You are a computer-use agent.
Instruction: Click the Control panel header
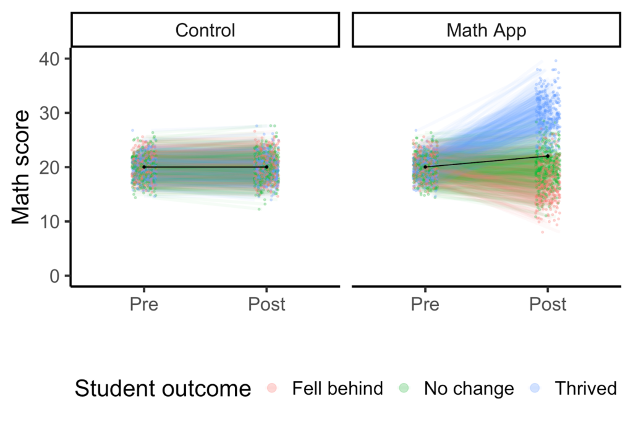tap(205, 30)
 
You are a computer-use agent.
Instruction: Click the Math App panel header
tap(486, 30)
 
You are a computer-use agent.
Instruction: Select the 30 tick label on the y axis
tap(51, 113)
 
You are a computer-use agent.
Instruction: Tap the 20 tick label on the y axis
tap(51, 167)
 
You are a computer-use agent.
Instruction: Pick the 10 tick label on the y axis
tap(51, 222)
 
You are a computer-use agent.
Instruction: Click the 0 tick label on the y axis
tap(56, 275)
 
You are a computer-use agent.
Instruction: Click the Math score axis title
tap(22, 167)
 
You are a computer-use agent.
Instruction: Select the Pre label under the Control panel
tap(144, 304)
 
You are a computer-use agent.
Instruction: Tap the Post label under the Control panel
tap(266, 304)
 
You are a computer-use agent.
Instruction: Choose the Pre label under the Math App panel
tap(425, 304)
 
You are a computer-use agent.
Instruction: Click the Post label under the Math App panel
tap(548, 304)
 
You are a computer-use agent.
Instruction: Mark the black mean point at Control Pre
tap(144, 167)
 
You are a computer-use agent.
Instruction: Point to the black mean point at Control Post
tap(266, 167)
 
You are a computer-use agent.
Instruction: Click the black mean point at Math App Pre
tap(425, 167)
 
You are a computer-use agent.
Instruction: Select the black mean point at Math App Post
tap(548, 156)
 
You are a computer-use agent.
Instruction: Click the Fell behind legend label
tap(338, 389)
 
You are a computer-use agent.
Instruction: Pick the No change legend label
tap(469, 389)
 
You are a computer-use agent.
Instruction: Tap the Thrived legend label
tap(585, 389)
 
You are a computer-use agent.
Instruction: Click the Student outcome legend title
tap(163, 389)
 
